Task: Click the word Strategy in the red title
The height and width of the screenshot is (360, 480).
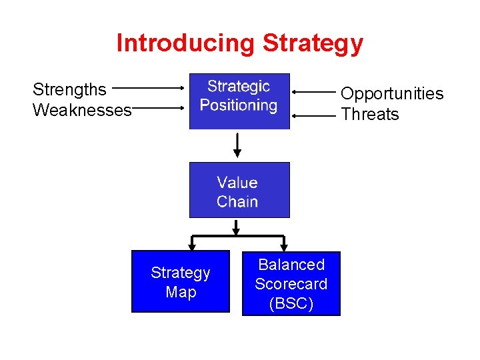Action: pos(313,43)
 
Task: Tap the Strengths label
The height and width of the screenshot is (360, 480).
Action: pos(69,89)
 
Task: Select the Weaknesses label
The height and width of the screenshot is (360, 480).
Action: pos(82,110)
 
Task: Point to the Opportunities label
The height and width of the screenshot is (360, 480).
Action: pos(392,93)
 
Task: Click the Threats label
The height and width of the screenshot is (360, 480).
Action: pos(370,114)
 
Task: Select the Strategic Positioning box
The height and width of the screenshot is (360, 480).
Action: pos(239,101)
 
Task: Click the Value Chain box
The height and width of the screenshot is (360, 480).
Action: pos(239,190)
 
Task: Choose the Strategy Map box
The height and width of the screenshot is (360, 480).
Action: pos(180,281)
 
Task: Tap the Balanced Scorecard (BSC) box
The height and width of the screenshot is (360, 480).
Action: pos(291,283)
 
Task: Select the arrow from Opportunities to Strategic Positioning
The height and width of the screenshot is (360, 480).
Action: pos(313,92)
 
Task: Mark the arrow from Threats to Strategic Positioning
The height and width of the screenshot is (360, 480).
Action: pos(313,115)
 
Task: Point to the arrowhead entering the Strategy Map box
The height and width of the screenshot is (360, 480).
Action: pos(192,247)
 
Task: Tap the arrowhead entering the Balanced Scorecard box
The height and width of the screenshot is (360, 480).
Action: pos(285,247)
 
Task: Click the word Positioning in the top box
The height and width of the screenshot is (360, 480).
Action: pos(239,105)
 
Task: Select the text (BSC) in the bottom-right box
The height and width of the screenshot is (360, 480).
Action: pos(291,303)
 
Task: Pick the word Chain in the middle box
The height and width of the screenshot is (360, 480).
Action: pos(237,201)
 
